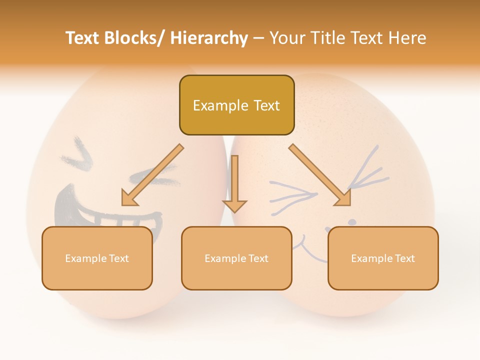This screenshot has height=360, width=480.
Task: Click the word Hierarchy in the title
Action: [x=209, y=38]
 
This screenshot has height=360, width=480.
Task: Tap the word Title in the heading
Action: [x=328, y=38]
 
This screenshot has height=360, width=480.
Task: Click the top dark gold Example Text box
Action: [x=236, y=105]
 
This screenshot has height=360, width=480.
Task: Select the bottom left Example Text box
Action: [x=97, y=258]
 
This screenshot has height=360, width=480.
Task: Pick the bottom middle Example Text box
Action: [x=236, y=258]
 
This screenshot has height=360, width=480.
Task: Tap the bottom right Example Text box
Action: [x=383, y=258]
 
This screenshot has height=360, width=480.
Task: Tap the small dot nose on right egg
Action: [x=352, y=221]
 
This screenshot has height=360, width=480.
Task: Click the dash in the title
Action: [x=258, y=38]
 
